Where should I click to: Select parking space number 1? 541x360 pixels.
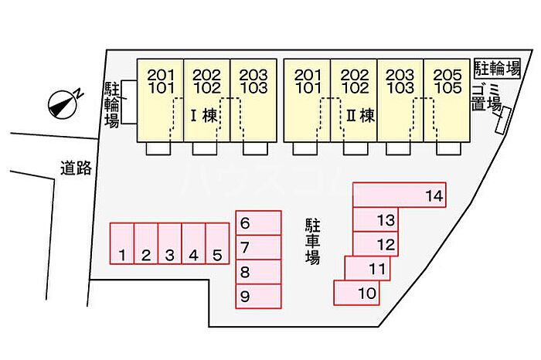(x=122, y=244)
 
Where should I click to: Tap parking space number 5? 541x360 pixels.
(x=217, y=244)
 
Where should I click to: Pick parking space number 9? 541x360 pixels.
(x=258, y=296)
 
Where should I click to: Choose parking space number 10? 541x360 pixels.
(x=357, y=294)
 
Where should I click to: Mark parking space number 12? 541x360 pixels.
(x=376, y=244)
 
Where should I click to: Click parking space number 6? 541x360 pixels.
(x=258, y=224)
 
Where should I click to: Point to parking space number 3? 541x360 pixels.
(x=170, y=244)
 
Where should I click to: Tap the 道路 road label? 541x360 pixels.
(x=76, y=167)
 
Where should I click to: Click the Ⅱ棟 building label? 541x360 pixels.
(x=360, y=116)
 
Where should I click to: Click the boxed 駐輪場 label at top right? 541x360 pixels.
(x=497, y=67)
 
